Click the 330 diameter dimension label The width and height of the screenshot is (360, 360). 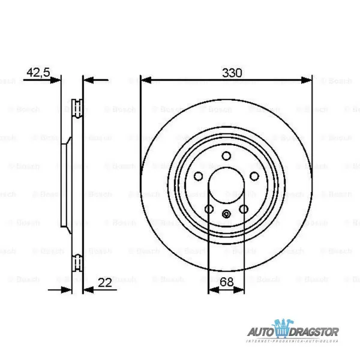click(x=232, y=73)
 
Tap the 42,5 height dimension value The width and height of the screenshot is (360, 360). click(x=37, y=73)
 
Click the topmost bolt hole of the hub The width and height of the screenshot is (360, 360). click(x=226, y=157)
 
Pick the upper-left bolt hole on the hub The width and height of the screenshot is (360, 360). click(x=199, y=176)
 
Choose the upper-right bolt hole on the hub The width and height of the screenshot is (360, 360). click(x=254, y=176)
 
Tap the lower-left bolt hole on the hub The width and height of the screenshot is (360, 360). click(x=209, y=209)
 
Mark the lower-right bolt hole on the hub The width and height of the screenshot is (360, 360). click(x=244, y=209)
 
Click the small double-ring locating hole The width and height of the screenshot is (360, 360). click(x=226, y=215)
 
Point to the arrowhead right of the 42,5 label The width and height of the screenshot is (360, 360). click(x=56, y=79)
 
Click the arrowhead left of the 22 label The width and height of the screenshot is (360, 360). click(x=88, y=290)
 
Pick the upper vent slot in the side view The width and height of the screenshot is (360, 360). click(x=77, y=109)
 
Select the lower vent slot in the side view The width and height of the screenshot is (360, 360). click(x=77, y=262)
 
